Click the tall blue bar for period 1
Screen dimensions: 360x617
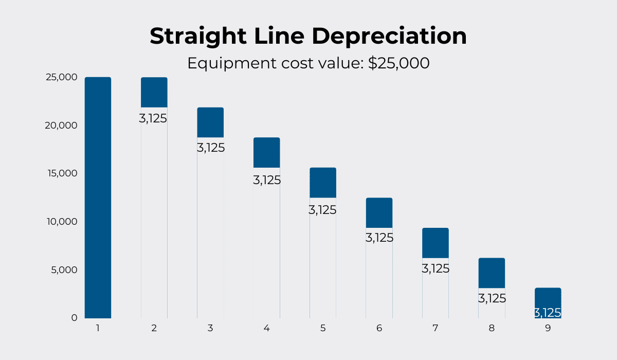pyautogui.click(x=98, y=197)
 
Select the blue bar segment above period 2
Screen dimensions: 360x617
pyautogui.click(x=154, y=93)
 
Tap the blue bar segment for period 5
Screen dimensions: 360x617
pyautogui.click(x=322, y=183)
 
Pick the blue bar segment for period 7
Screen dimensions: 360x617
pyautogui.click(x=435, y=243)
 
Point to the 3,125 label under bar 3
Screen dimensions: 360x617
pyautogui.click(x=211, y=148)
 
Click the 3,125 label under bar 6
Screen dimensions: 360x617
pyautogui.click(x=379, y=238)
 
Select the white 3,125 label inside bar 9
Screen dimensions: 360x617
pyautogui.click(x=548, y=313)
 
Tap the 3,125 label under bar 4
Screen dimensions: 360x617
pyautogui.click(x=267, y=181)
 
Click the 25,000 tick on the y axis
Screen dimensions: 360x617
pyautogui.click(x=61, y=77)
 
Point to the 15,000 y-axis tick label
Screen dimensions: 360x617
pyautogui.click(x=61, y=173)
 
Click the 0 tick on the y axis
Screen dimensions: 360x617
pyautogui.click(x=74, y=318)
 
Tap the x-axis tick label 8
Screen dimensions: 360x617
pyautogui.click(x=492, y=328)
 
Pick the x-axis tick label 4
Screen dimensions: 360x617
pyautogui.click(x=266, y=328)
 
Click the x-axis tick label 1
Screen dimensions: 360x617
pyautogui.click(x=98, y=328)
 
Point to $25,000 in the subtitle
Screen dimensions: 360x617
pyautogui.click(x=398, y=63)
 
